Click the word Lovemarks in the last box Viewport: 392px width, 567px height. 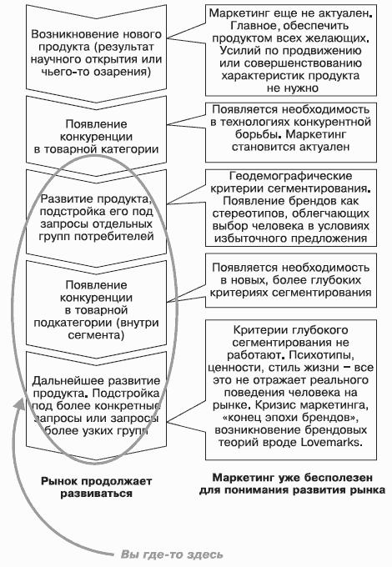[x=330, y=442]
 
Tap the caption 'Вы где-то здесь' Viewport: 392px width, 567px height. [x=172, y=554]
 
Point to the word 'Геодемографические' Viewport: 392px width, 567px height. [x=291, y=176]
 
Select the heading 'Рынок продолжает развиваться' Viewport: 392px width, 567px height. [x=96, y=487]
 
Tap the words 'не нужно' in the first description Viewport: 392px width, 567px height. [x=292, y=88]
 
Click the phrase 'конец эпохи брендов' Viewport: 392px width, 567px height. [x=291, y=418]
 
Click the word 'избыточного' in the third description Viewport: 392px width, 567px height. [x=249, y=238]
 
